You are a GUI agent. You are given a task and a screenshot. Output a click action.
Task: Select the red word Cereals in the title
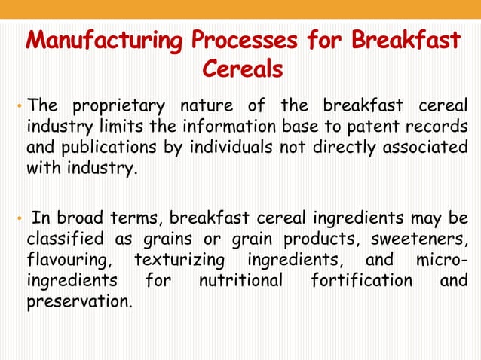point(243,69)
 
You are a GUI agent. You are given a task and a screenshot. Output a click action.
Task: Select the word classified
point(62,239)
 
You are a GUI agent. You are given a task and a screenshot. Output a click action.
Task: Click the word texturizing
point(179,260)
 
